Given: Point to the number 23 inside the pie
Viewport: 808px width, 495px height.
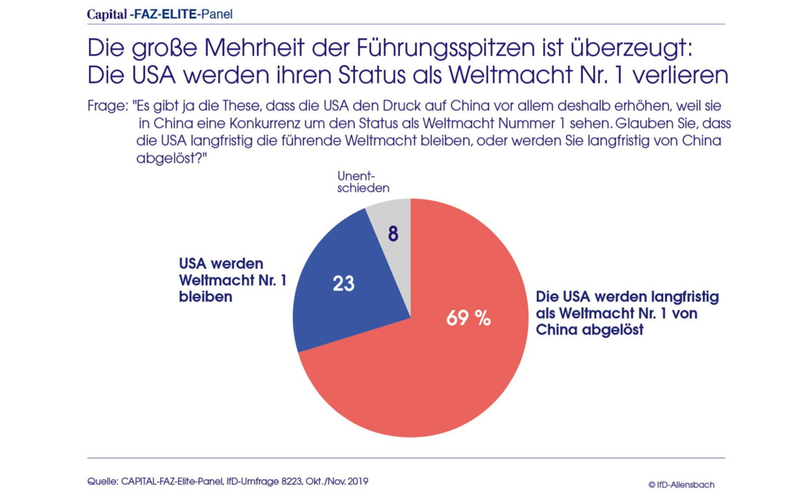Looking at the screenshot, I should coord(344,284).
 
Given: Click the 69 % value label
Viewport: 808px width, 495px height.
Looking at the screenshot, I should coord(468,318).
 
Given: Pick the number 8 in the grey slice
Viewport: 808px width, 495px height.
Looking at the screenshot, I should coord(393,233).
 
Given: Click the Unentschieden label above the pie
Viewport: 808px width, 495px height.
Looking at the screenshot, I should coord(363,182).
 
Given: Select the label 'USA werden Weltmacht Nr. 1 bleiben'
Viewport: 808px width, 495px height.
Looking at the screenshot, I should coord(232,280).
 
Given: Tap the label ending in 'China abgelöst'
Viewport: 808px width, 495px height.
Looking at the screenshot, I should coord(627,313).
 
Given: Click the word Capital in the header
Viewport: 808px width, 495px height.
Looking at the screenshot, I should coord(107,15).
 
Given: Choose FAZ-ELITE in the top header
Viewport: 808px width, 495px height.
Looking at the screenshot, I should coord(165,15).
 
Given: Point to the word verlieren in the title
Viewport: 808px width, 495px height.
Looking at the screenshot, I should coord(680,75).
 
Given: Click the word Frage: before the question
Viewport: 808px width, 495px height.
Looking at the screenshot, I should coord(108,106).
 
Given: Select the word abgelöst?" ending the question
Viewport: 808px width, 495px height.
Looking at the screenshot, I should coord(172,158).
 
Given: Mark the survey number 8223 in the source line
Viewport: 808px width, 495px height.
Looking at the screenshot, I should coord(292,481).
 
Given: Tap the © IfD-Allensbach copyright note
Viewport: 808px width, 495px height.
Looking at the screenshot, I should coord(681,485).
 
